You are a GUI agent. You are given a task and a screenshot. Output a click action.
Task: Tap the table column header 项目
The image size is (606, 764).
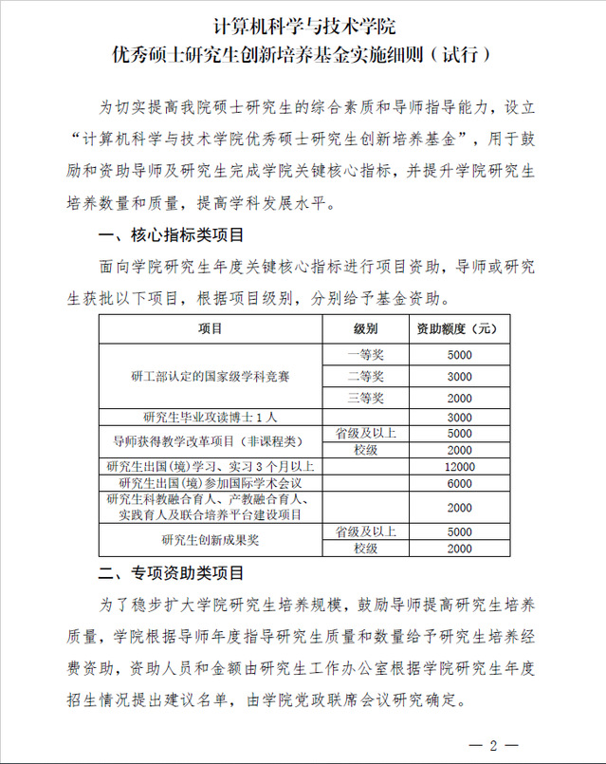211,328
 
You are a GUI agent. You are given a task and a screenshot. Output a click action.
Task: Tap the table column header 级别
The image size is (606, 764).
365,328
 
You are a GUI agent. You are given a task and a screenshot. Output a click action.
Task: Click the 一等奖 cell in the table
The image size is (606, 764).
365,355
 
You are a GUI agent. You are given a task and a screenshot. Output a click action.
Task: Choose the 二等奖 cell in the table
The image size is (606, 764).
365,377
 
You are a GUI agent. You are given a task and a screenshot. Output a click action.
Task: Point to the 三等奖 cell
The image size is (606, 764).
365,398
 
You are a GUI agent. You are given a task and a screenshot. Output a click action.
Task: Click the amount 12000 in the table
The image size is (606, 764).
458,466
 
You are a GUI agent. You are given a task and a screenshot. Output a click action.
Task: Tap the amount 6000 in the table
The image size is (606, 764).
458,483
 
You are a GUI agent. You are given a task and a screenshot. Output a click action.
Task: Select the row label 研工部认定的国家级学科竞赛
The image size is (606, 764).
211,377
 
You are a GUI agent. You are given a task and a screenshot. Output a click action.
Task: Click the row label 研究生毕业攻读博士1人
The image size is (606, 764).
211,417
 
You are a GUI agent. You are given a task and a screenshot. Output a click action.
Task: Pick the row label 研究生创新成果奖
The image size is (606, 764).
211,540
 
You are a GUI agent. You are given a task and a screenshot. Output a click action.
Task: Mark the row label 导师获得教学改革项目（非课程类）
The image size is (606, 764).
211,441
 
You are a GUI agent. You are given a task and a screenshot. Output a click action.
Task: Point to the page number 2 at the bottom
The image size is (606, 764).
493,745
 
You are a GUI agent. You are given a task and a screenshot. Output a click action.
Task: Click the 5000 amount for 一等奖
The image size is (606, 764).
458,355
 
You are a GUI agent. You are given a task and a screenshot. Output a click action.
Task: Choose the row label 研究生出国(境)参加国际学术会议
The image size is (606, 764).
211,483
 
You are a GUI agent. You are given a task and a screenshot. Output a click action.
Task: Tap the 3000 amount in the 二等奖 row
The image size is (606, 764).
458,377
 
